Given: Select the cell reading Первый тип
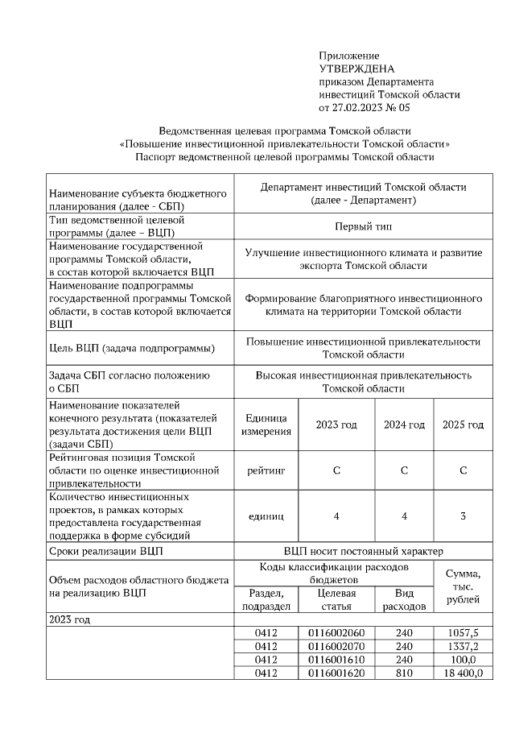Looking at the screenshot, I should pyautogui.click(x=363, y=226).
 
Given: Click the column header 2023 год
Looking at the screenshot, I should pyautogui.click(x=336, y=425).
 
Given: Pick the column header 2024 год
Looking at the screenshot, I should pyautogui.click(x=404, y=425).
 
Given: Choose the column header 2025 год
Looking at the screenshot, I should pyautogui.click(x=463, y=425).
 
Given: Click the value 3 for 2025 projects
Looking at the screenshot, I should pyautogui.click(x=463, y=516).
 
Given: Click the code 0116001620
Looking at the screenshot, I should pyautogui.click(x=336, y=673).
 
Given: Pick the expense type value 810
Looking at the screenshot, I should pyautogui.click(x=404, y=673).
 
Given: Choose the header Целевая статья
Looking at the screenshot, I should pyautogui.click(x=336, y=599).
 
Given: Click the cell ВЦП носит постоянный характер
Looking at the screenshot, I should pyautogui.click(x=363, y=552).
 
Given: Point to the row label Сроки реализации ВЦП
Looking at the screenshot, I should pyautogui.click(x=105, y=552).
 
